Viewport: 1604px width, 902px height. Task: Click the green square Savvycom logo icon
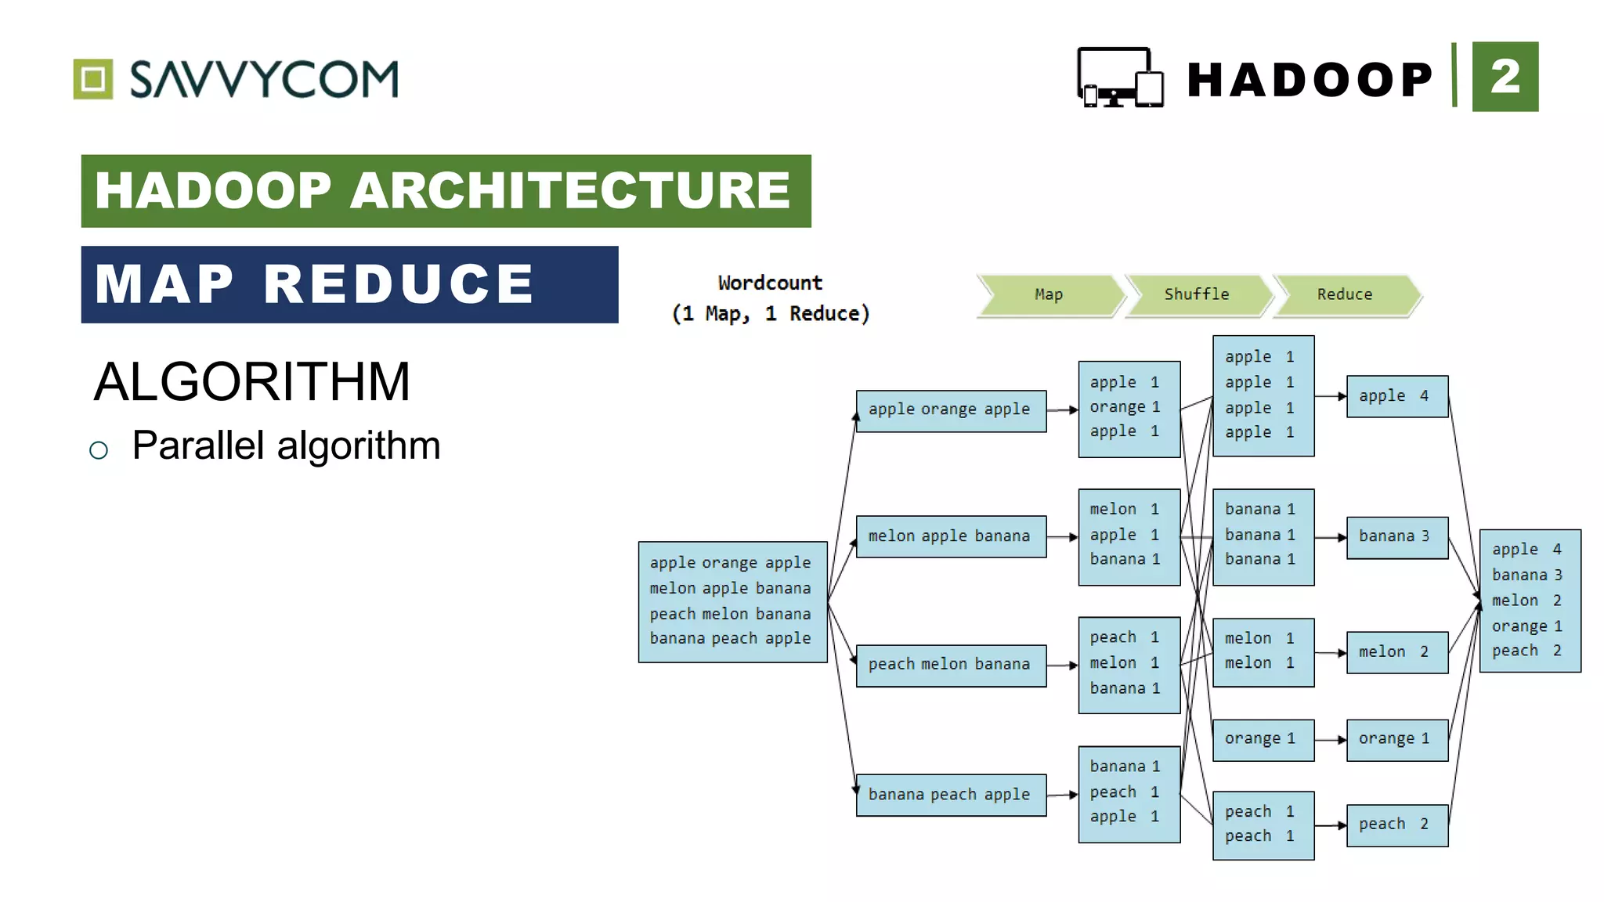[x=93, y=79]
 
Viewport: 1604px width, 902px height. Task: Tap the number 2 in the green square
[x=1505, y=77]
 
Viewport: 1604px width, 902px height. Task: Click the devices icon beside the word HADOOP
[x=1120, y=78]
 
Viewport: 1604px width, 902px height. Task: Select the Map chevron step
[x=1048, y=294]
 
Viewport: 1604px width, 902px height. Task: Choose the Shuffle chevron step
[x=1197, y=294]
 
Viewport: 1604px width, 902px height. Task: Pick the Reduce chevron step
[x=1345, y=294]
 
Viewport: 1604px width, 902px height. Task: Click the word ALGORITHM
[x=251, y=382]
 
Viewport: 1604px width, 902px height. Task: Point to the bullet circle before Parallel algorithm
[x=99, y=450]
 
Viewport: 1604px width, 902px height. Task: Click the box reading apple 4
[x=1396, y=396]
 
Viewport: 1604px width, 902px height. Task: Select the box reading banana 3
[x=1396, y=537]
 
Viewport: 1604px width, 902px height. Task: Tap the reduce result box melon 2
[x=1396, y=652]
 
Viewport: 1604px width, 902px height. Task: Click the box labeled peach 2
[x=1396, y=824]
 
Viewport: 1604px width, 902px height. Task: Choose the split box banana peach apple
[x=951, y=795]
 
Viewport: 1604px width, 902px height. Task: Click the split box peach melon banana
[x=951, y=665]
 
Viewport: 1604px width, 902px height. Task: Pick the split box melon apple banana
[x=951, y=536]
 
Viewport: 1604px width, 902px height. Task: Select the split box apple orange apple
[x=951, y=410]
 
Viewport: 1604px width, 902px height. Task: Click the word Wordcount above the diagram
[x=770, y=283]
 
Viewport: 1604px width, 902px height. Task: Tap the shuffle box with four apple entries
[x=1263, y=395]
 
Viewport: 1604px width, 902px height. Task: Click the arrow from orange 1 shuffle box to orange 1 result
[x=1330, y=740]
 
